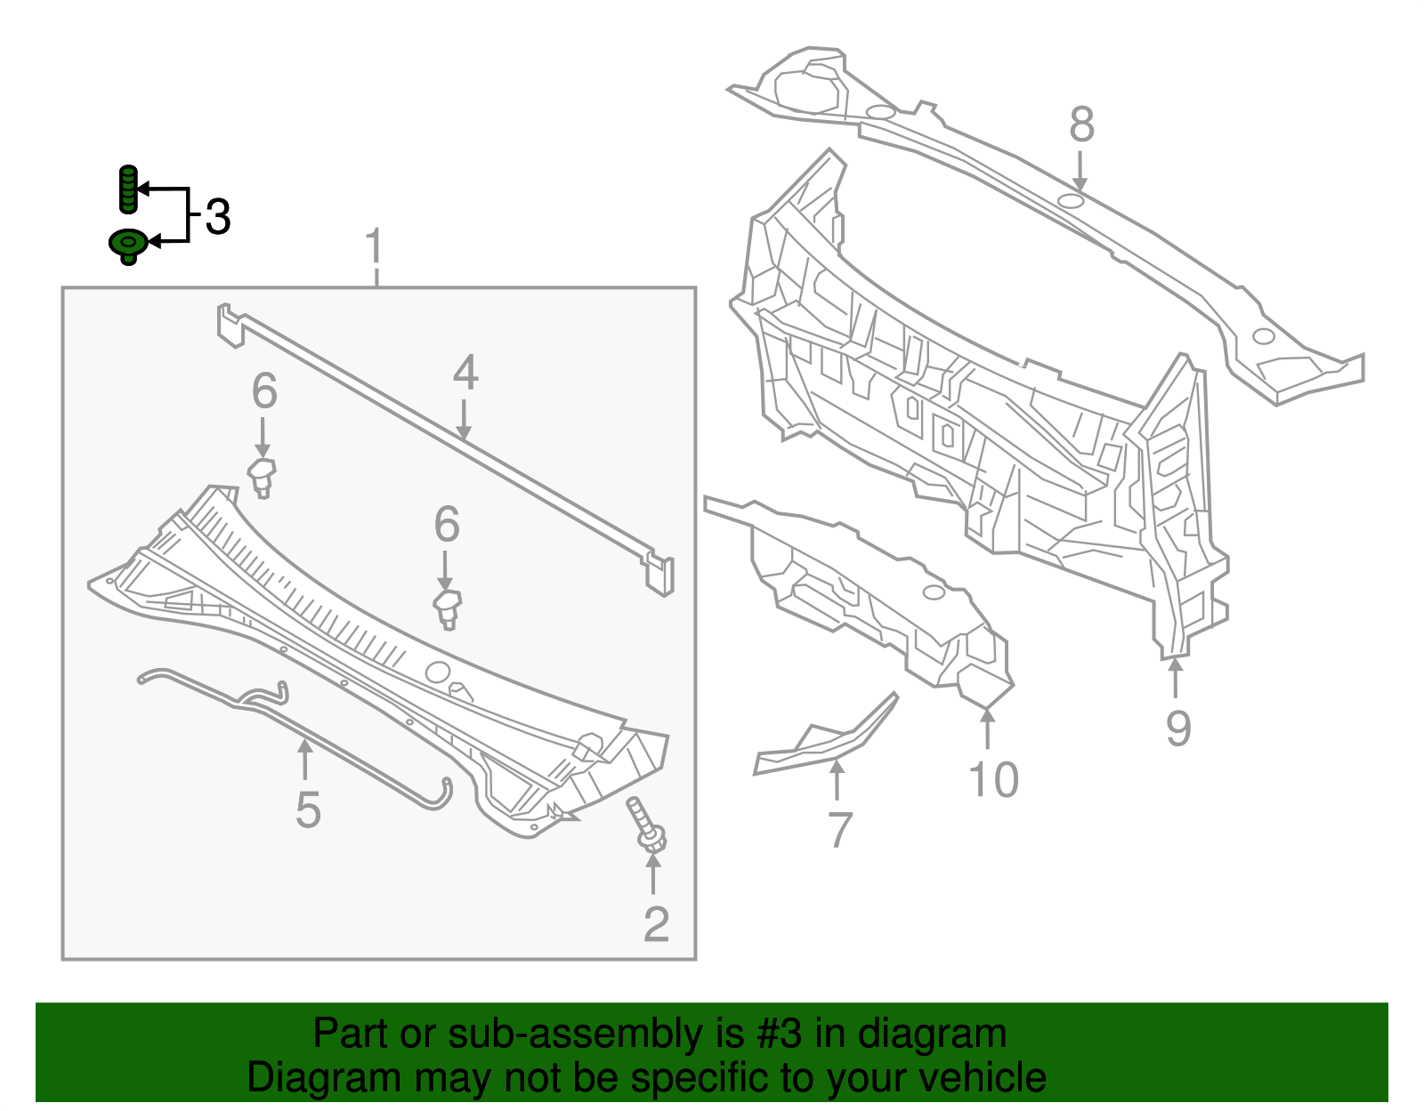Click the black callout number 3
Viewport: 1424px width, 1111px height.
(x=218, y=217)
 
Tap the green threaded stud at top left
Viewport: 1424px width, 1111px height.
(x=128, y=189)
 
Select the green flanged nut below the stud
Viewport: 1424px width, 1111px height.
(x=127, y=244)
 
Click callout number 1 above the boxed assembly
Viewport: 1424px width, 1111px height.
(x=376, y=246)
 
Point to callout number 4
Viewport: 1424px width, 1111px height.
(x=465, y=374)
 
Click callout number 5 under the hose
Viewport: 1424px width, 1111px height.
(x=307, y=810)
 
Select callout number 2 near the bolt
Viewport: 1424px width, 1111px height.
(x=656, y=925)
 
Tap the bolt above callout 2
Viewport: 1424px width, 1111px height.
(x=647, y=824)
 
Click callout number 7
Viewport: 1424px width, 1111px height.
(x=839, y=830)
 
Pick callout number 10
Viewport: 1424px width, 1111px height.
(x=993, y=780)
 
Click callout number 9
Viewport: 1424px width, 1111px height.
(x=1178, y=729)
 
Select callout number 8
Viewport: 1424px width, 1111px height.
(x=1081, y=125)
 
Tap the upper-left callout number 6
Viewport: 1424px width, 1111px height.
(x=264, y=391)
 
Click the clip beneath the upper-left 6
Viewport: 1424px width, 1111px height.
(x=261, y=477)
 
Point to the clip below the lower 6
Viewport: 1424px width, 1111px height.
(x=448, y=608)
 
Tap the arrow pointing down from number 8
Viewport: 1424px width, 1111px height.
(x=1080, y=170)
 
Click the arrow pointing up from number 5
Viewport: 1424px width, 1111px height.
(x=305, y=761)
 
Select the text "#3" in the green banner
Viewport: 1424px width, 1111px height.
(x=781, y=1034)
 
